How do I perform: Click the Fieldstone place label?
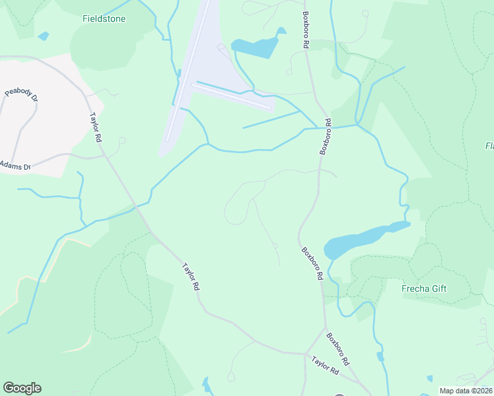click(x=104, y=19)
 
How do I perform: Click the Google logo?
click(x=22, y=388)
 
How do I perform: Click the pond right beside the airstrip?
click(x=256, y=46)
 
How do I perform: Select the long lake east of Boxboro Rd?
click(x=360, y=240)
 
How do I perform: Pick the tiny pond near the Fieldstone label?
click(x=44, y=36)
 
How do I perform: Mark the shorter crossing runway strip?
click(x=231, y=96)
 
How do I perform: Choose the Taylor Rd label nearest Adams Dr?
click(x=96, y=127)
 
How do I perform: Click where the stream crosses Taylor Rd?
click(x=137, y=207)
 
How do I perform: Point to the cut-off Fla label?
click(x=489, y=146)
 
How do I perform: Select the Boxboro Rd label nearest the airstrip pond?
click(x=306, y=30)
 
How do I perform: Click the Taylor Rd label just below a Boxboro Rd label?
click(x=326, y=367)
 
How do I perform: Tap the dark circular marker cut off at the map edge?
click(x=339, y=394)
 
